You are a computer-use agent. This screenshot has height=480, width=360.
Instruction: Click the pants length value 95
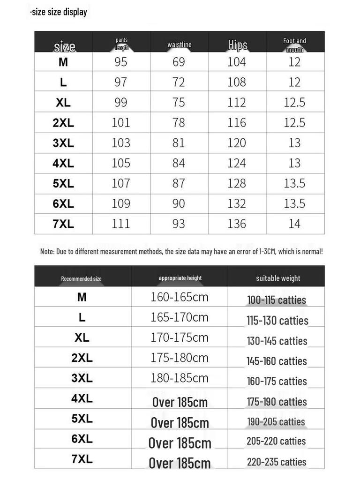pyautogui.click(x=120, y=62)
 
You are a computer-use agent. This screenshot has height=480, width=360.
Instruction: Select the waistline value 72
pyautogui.click(x=179, y=82)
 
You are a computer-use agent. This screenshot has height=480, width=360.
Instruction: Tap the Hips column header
pyautogui.click(x=238, y=45)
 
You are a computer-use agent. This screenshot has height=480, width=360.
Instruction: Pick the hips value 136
pyautogui.click(x=237, y=224)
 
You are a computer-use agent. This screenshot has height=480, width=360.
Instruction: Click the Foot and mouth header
pyautogui.click(x=294, y=45)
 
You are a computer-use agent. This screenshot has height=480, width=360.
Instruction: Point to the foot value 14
pyautogui.click(x=294, y=224)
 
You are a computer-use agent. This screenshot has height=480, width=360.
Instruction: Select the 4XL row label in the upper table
pyautogui.click(x=63, y=163)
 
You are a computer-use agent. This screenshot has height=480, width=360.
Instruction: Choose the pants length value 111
pyautogui.click(x=120, y=224)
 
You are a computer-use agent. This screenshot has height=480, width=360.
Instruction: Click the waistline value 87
pyautogui.click(x=179, y=183)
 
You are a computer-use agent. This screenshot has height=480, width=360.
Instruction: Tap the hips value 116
pyautogui.click(x=237, y=123)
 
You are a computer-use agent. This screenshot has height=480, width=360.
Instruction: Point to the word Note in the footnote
pyautogui.click(x=47, y=252)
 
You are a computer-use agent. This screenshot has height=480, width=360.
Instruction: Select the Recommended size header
pyautogui.click(x=81, y=278)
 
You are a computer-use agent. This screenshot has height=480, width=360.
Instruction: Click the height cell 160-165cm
pyautogui.click(x=180, y=297)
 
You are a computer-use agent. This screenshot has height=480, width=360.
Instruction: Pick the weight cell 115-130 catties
pyautogui.click(x=277, y=321)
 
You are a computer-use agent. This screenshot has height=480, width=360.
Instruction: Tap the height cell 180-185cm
pyautogui.click(x=180, y=378)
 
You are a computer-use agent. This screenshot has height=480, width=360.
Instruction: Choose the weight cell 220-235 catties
pyautogui.click(x=277, y=462)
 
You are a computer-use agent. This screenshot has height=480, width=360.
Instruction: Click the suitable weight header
pyautogui.click(x=278, y=278)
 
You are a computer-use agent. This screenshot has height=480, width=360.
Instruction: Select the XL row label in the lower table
pyautogui.click(x=82, y=337)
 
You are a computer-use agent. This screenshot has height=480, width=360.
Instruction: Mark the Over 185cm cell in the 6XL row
pyautogui.click(x=180, y=443)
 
